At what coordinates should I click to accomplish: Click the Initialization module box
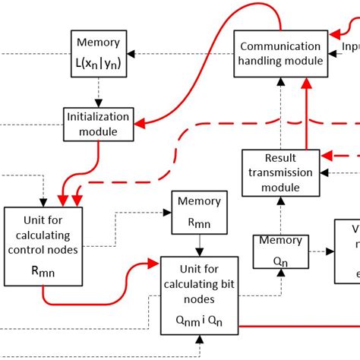97,123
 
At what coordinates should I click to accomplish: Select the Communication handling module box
280,53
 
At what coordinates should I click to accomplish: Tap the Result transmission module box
280,172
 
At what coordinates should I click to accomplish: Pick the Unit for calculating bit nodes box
199,295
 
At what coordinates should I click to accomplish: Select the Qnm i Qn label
199,321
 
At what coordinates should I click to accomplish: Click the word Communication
280,45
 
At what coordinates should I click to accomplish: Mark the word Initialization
97,117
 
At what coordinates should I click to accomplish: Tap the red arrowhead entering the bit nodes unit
155,265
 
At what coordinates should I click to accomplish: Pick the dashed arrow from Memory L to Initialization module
97,94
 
